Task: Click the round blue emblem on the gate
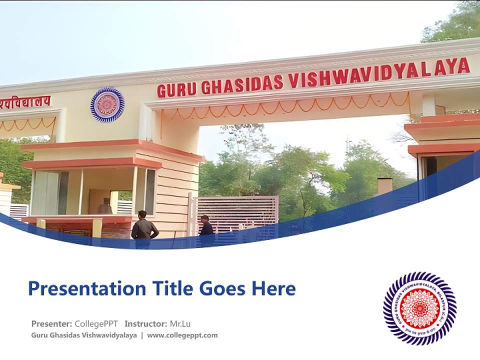point(107,105)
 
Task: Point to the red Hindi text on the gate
point(25,101)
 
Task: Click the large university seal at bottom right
point(420,308)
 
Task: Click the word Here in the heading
point(273,288)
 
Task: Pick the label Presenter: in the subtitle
point(52,323)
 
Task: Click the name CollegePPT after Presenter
point(96,323)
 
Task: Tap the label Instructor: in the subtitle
point(146,323)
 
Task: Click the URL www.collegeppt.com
point(182,335)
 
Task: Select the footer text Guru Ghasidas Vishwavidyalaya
point(83,335)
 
